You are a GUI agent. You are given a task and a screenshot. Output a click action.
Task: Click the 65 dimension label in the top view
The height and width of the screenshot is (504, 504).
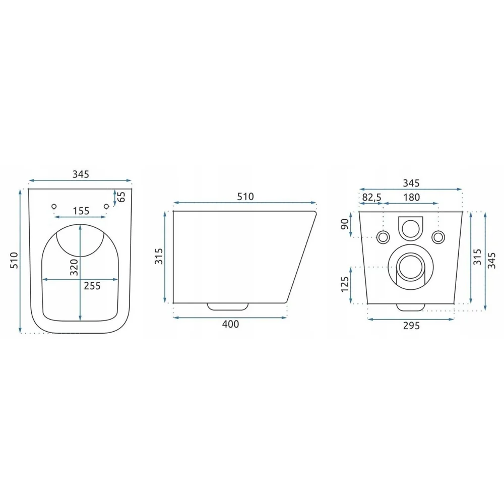(x=121, y=197)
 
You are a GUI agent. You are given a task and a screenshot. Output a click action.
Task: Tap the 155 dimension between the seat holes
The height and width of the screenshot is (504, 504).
(x=81, y=211)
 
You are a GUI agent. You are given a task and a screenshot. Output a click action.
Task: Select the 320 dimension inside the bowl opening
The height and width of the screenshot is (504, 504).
(x=74, y=267)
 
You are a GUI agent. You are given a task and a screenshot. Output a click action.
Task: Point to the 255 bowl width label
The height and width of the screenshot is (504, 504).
(x=92, y=286)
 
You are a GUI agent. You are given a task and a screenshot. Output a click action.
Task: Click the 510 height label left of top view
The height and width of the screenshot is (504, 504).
(x=14, y=261)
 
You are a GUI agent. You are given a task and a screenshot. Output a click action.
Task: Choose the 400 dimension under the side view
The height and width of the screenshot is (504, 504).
(x=230, y=324)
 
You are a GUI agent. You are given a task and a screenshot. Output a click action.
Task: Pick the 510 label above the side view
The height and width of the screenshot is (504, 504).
(x=245, y=197)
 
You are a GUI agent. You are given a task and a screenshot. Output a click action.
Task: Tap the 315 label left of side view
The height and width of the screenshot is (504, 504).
(x=159, y=256)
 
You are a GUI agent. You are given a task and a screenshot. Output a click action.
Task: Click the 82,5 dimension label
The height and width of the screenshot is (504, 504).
(x=371, y=198)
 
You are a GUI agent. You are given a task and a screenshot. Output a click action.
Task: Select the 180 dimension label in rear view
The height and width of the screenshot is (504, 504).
(x=412, y=197)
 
